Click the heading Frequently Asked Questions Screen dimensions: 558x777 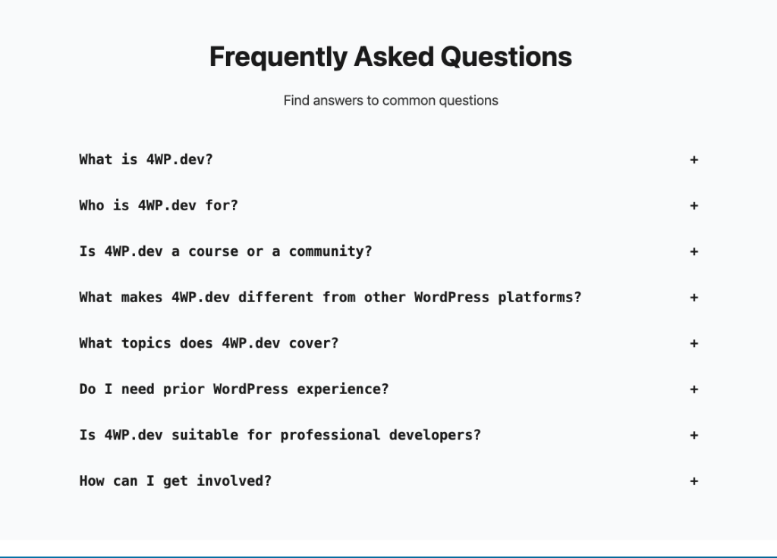coord(390,57)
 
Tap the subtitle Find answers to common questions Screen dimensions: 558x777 coord(391,100)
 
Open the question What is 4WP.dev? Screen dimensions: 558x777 coord(146,159)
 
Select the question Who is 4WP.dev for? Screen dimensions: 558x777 coord(159,206)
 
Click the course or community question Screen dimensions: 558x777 coord(225,251)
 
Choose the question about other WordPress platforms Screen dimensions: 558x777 coord(330,298)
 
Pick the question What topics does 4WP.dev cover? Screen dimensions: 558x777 coord(209,343)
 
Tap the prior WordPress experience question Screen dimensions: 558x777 coord(234,389)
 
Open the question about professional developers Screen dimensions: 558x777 coord(280,435)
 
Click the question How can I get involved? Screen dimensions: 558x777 coord(175,481)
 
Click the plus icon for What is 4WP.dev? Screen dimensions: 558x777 coord(694,160)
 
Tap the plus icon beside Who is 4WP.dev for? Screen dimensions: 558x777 coord(694,206)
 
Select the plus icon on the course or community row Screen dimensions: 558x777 coord(694,252)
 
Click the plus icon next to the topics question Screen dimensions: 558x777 coord(694,344)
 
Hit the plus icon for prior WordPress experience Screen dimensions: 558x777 coord(694,389)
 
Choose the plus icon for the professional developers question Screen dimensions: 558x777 coord(694,436)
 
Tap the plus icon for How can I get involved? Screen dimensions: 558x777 coord(694,481)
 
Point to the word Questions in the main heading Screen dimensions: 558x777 coord(506,57)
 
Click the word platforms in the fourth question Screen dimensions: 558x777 coord(539,298)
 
